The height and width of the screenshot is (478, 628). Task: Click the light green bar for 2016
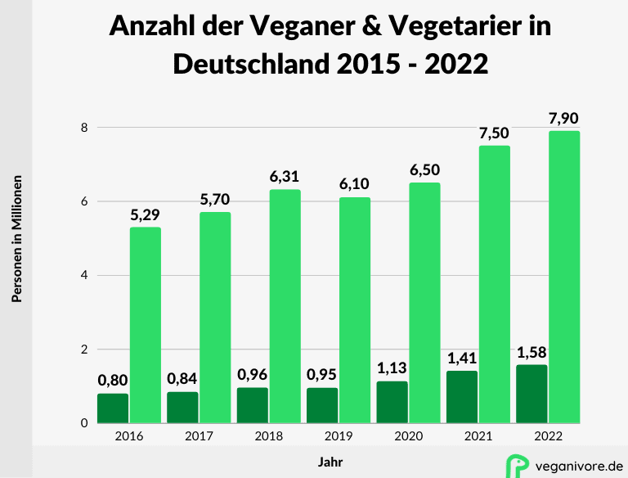tap(146, 325)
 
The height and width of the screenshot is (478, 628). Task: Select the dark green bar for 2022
tap(532, 394)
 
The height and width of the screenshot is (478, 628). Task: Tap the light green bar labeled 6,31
tap(285, 306)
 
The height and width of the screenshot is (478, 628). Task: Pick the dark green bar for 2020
tap(392, 402)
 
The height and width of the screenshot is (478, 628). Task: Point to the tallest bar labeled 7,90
tap(565, 277)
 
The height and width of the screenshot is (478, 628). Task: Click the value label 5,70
tap(216, 200)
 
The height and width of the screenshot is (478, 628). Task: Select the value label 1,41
tap(462, 357)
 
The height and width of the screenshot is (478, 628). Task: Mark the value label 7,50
tap(495, 133)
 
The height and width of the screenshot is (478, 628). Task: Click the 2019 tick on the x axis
tap(339, 437)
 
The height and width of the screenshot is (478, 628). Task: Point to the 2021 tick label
tap(478, 437)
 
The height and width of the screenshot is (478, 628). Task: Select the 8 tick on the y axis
tap(83, 128)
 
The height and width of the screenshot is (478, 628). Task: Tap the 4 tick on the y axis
tap(83, 276)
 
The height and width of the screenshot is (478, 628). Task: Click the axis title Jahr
tap(330, 462)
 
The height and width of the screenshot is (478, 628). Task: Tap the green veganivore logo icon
tap(517, 464)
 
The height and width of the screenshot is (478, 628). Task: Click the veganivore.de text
tap(577, 465)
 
